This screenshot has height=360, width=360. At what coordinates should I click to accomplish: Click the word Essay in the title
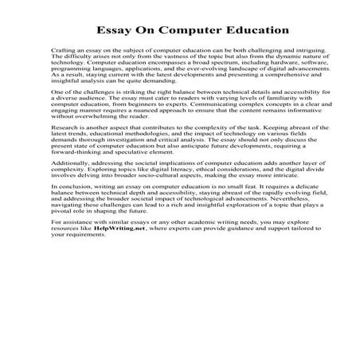click(114, 31)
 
